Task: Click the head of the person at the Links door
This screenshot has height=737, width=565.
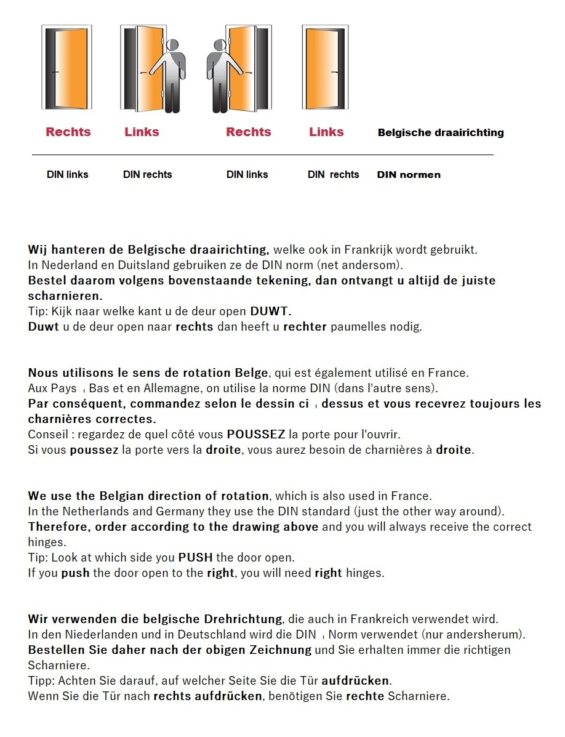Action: click(x=172, y=46)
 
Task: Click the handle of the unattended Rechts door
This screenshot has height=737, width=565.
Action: click(x=55, y=73)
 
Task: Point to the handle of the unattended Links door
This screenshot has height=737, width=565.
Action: click(x=337, y=73)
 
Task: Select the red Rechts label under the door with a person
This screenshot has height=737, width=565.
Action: click(x=248, y=132)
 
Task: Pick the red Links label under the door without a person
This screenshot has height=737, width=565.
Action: click(x=326, y=132)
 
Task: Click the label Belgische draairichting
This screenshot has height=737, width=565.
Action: click(x=441, y=132)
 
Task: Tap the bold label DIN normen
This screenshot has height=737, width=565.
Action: click(x=409, y=175)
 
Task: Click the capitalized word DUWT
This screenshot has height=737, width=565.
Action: click(x=270, y=311)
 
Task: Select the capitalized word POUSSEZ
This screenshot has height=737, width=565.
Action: click(x=256, y=434)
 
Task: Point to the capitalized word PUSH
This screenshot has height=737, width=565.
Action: click(x=196, y=557)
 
